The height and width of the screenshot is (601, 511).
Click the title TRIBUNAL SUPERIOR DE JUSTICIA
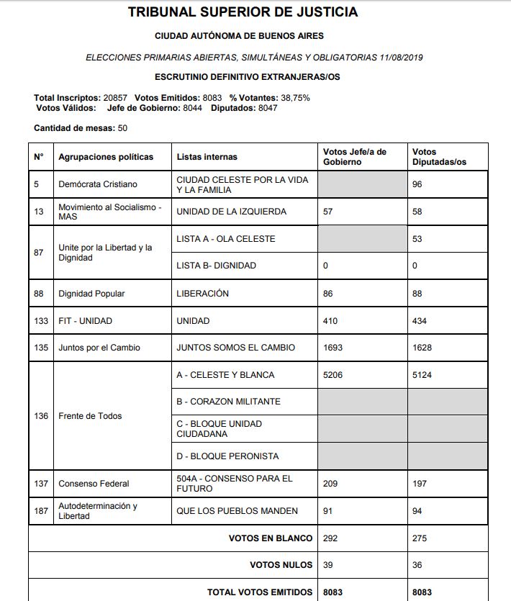(242, 12)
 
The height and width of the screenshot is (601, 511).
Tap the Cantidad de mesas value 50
(123, 128)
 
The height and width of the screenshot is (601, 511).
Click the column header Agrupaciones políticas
(106, 157)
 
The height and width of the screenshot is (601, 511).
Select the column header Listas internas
(207, 157)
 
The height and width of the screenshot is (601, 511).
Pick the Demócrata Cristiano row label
(97, 184)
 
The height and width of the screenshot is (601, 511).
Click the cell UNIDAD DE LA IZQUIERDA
(231, 212)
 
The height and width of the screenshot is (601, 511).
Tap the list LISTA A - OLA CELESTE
(225, 239)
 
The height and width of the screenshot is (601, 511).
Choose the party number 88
(39, 294)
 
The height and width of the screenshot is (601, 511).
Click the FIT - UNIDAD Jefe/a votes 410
(330, 320)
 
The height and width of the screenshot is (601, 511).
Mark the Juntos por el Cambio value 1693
(333, 348)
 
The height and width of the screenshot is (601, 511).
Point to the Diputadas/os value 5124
(422, 375)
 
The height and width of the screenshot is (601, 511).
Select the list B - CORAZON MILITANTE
(228, 402)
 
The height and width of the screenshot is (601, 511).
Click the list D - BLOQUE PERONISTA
(227, 456)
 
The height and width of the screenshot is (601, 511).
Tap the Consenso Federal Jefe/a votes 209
(330, 484)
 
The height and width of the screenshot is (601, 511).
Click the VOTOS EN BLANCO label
(270, 538)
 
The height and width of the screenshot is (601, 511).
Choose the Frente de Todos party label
(90, 416)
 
